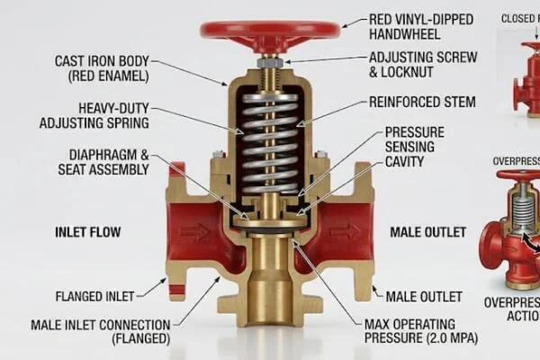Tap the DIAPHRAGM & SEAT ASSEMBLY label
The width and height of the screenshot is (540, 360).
click(x=98, y=162)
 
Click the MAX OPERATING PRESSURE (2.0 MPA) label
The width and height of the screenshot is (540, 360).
click(x=421, y=331)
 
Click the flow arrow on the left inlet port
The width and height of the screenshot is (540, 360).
click(x=193, y=231)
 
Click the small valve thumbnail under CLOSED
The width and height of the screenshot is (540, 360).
click(x=522, y=63)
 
